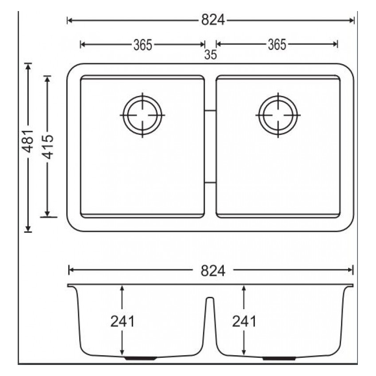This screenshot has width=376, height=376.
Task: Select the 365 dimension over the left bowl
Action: (142, 44)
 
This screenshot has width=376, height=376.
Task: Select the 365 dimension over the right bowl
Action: (277, 44)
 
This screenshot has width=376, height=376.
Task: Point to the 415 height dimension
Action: (47, 146)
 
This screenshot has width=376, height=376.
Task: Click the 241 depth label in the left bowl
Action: (122, 322)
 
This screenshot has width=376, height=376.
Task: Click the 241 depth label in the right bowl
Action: (244, 322)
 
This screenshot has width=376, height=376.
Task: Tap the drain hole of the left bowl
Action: (142, 115)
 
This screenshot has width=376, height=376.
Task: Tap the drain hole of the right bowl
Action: (278, 115)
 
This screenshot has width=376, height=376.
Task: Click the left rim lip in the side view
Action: (71, 286)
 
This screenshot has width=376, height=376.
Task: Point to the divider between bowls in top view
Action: (211, 146)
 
